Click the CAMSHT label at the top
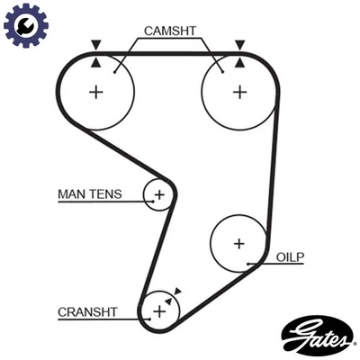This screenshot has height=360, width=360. point(168,30)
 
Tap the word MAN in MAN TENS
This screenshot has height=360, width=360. point(71,193)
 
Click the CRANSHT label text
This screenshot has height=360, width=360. point(87,312)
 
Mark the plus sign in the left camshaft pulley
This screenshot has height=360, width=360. point(97,91)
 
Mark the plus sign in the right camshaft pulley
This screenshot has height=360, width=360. point(239,91)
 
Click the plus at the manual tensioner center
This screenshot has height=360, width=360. point(159,193)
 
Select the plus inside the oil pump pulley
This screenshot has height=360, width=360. point(238,243)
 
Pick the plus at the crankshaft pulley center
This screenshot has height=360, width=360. point(159,311)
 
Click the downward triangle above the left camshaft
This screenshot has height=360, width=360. point(96,44)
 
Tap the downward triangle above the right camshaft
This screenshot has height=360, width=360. point(239,44)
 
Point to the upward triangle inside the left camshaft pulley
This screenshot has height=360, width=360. point(96,60)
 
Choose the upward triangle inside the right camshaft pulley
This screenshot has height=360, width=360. point(239,60)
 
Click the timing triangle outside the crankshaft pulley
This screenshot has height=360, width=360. point(178,291)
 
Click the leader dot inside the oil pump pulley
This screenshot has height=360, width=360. point(248,264)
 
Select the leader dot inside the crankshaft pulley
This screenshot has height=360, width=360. point(143,318)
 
